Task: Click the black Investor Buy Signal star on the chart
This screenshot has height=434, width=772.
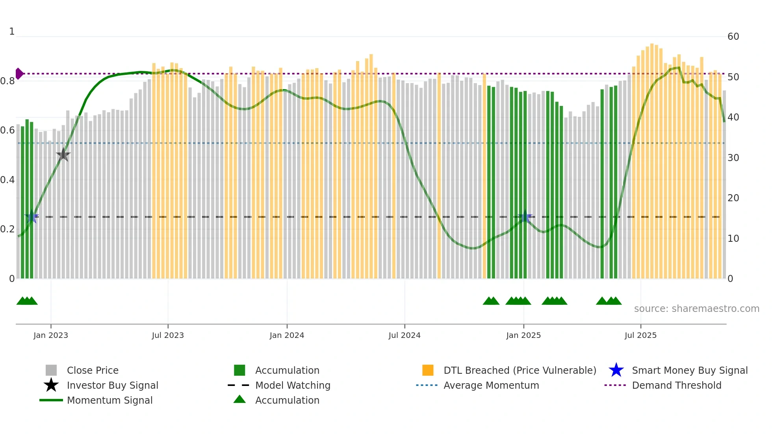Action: click(63, 155)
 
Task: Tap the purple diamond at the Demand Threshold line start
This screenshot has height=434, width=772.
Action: click(19, 74)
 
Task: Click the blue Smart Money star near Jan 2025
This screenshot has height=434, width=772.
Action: click(525, 217)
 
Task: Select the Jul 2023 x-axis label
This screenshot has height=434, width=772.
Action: click(168, 335)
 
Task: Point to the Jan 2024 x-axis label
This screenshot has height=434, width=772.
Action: click(287, 335)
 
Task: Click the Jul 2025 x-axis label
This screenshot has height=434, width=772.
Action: click(640, 335)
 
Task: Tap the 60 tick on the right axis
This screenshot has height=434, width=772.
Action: click(733, 37)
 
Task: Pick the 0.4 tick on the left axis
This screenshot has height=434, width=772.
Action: click(8, 180)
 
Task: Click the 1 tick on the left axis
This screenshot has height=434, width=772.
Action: click(12, 32)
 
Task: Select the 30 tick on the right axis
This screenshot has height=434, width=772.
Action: click(733, 158)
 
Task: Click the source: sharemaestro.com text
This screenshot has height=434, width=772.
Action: click(696, 309)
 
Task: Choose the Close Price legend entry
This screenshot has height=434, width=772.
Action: click(93, 370)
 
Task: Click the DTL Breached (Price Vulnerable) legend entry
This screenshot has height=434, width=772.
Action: click(520, 370)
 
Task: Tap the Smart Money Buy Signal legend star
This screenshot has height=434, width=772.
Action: click(616, 370)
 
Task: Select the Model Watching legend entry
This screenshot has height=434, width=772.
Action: click(293, 385)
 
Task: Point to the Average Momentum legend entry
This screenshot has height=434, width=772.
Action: click(491, 385)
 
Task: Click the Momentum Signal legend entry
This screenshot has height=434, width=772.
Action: click(109, 400)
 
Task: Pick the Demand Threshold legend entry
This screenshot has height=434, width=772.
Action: click(676, 385)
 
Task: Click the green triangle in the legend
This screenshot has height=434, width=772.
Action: click(239, 399)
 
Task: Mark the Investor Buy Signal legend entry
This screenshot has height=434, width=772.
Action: click(112, 385)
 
